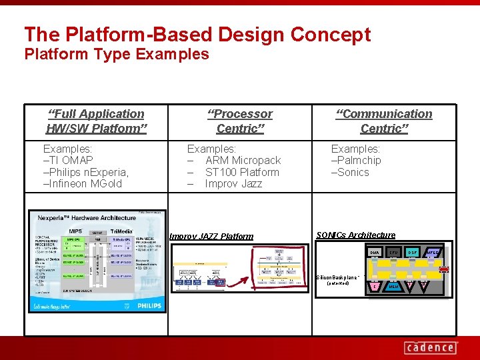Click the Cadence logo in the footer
431,347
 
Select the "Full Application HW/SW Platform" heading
96,121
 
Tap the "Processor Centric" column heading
239,121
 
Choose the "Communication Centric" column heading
383,121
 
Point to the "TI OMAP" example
69,160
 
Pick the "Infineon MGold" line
83,183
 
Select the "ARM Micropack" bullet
243,160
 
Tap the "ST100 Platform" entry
242,172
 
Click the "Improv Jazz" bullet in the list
233,183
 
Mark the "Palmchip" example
357,160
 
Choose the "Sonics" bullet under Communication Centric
351,172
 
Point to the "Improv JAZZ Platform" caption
211,236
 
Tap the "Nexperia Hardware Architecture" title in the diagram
87,218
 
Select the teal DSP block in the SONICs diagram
413,253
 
